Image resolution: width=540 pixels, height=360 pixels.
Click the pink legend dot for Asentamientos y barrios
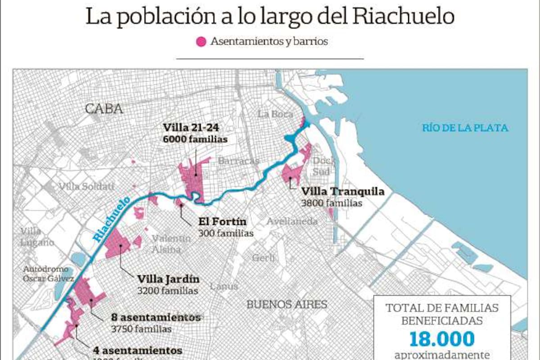201,42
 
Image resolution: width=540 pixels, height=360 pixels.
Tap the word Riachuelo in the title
404,16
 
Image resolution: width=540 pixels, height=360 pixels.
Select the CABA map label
104,108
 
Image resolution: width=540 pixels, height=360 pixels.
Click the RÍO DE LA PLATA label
465,128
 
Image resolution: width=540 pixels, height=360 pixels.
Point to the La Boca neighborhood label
275,114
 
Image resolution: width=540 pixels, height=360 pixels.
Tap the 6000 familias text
195,139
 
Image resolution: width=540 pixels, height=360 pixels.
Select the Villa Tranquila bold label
343,192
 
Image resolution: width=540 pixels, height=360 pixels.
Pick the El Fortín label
223,221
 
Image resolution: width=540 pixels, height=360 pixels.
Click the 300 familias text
225,233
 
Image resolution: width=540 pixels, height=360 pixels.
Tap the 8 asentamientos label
156,317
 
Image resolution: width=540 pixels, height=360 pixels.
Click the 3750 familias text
141,329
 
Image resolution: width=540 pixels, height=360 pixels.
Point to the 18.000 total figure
442,339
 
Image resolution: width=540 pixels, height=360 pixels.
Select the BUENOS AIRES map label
287,304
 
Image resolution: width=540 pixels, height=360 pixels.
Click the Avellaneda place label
292,221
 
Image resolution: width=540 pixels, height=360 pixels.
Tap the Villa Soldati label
86,186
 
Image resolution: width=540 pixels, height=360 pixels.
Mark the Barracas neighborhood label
238,161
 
